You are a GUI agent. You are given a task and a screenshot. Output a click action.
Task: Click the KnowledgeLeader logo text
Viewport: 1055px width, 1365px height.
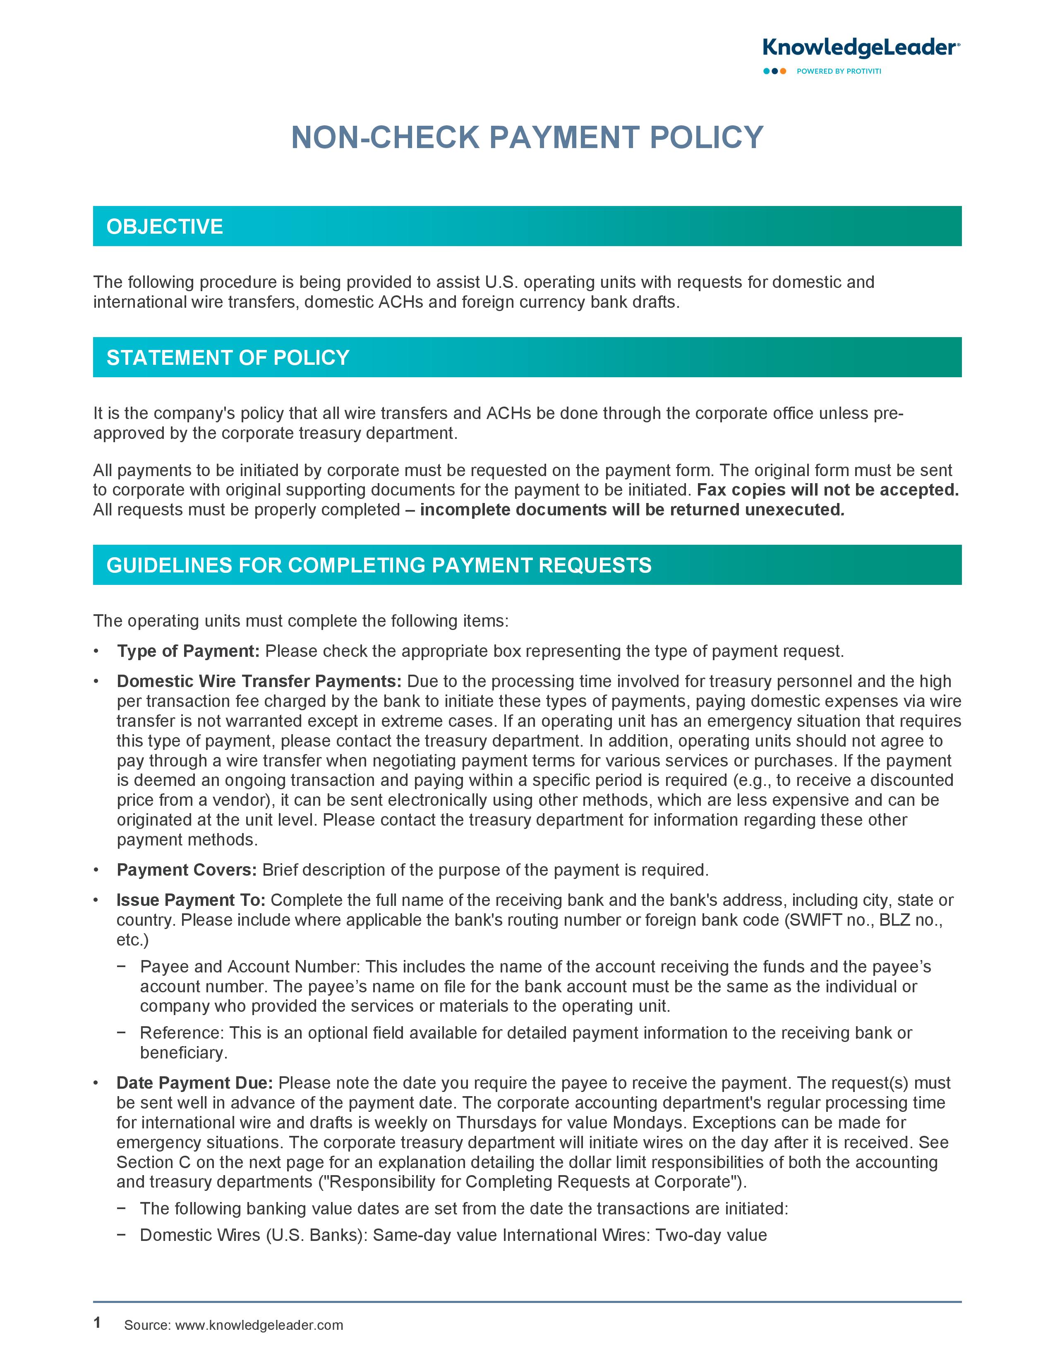pos(861,48)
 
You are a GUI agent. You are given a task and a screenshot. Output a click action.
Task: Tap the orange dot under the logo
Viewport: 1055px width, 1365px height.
pos(783,71)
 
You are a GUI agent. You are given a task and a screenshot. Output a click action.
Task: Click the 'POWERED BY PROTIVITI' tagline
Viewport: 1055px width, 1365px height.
pos(839,71)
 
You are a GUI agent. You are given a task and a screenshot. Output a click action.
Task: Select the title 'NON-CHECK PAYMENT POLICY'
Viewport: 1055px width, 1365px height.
pos(527,137)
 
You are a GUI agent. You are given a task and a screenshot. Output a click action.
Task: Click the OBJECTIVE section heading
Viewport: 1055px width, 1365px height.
pos(165,226)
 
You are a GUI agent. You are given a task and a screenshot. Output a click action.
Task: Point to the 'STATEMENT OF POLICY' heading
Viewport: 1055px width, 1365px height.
pos(228,357)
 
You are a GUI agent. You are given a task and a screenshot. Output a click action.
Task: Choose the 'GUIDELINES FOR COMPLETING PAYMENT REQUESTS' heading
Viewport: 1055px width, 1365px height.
pos(379,565)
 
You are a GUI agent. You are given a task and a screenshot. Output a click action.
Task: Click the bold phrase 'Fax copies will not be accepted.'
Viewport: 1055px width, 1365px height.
pos(827,490)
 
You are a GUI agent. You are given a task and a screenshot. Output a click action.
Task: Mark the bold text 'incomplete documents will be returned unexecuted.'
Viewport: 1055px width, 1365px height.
pos(632,510)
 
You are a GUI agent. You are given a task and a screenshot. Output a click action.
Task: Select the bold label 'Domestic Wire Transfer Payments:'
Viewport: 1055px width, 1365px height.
pos(259,681)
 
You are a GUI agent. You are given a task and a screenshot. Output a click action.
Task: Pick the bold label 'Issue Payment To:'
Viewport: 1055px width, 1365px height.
pos(191,900)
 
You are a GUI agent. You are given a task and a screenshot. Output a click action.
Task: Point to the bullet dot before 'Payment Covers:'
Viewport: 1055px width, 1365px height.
pos(96,870)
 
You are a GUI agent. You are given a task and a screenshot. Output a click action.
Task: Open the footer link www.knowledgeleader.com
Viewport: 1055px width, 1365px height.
pos(259,1325)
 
